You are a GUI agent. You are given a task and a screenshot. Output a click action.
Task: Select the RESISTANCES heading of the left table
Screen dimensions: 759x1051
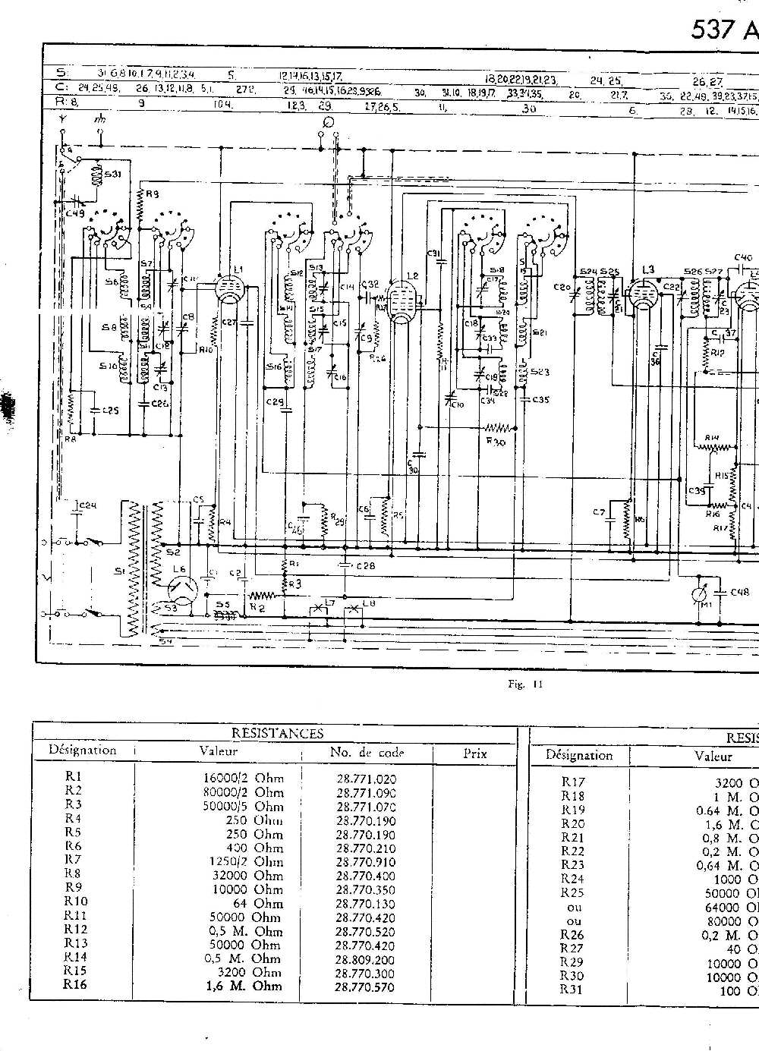277,733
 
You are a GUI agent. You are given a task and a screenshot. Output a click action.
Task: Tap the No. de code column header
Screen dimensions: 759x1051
367,753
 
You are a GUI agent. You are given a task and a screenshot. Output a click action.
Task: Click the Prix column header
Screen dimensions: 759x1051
474,753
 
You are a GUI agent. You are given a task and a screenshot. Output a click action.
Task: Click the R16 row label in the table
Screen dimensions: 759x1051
76,986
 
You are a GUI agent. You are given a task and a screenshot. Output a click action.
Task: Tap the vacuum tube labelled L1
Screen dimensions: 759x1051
226,291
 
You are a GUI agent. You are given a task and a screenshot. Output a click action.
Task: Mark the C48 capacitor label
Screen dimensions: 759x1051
739,593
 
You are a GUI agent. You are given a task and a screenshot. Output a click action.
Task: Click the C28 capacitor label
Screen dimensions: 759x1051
365,566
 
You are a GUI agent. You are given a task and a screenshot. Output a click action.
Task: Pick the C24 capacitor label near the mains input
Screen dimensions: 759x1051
88,505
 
